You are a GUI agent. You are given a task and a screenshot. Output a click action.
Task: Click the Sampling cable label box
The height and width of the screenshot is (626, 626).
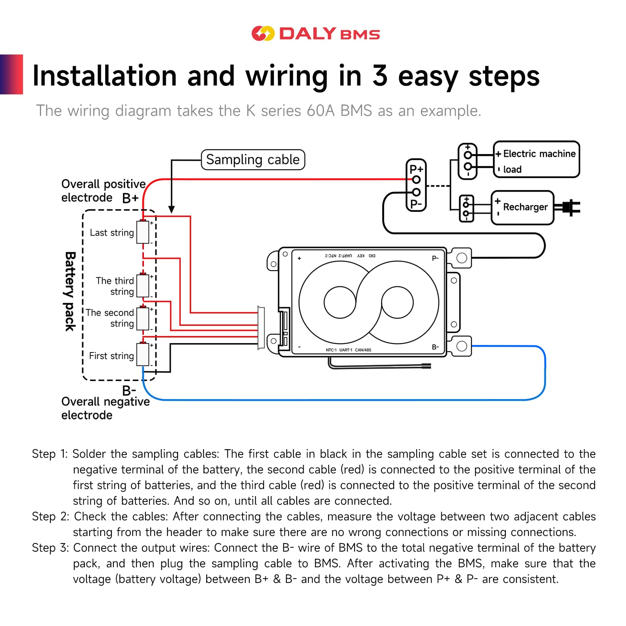253,160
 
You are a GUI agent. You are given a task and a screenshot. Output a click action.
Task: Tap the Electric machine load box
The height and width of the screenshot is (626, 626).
536,160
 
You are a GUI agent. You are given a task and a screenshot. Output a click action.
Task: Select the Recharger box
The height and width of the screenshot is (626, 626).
522,207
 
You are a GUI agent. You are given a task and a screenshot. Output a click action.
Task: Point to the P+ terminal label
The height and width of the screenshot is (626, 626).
416,169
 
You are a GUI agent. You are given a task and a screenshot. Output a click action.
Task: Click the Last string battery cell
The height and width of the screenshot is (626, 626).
143,232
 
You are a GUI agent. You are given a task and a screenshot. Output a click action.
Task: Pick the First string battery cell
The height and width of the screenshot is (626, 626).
143,354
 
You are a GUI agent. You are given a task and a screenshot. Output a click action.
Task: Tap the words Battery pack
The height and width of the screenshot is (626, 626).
70,291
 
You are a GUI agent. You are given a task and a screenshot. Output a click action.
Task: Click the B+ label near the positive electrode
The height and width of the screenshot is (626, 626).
130,198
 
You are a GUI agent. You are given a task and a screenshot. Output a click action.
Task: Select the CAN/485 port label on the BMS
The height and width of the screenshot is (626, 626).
363,350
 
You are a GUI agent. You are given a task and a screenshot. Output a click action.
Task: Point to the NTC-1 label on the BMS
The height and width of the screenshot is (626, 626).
331,350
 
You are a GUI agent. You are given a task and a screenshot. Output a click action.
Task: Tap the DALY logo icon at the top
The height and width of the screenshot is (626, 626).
263,34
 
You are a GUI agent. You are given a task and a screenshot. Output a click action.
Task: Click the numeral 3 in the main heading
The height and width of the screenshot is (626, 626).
380,76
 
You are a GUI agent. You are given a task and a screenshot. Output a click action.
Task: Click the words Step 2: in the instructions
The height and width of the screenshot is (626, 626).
50,516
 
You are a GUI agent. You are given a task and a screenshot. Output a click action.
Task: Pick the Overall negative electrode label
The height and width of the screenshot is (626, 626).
105,408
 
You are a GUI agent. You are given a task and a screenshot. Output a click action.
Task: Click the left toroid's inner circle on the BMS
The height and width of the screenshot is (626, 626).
340,302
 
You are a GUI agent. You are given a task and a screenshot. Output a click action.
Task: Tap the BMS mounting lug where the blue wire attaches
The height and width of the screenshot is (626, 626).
462,346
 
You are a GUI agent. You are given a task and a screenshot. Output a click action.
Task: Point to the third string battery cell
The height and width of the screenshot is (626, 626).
143,286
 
